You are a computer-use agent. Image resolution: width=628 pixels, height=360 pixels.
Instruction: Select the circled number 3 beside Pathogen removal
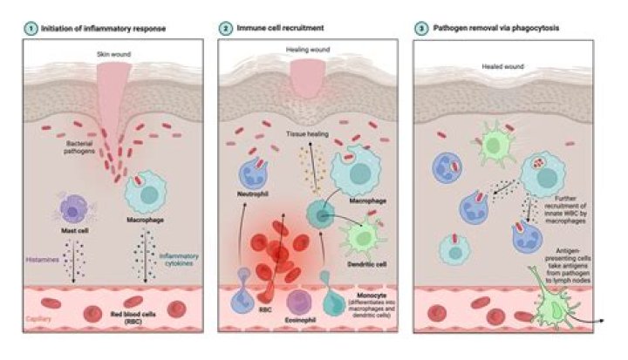(x=421, y=28)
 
